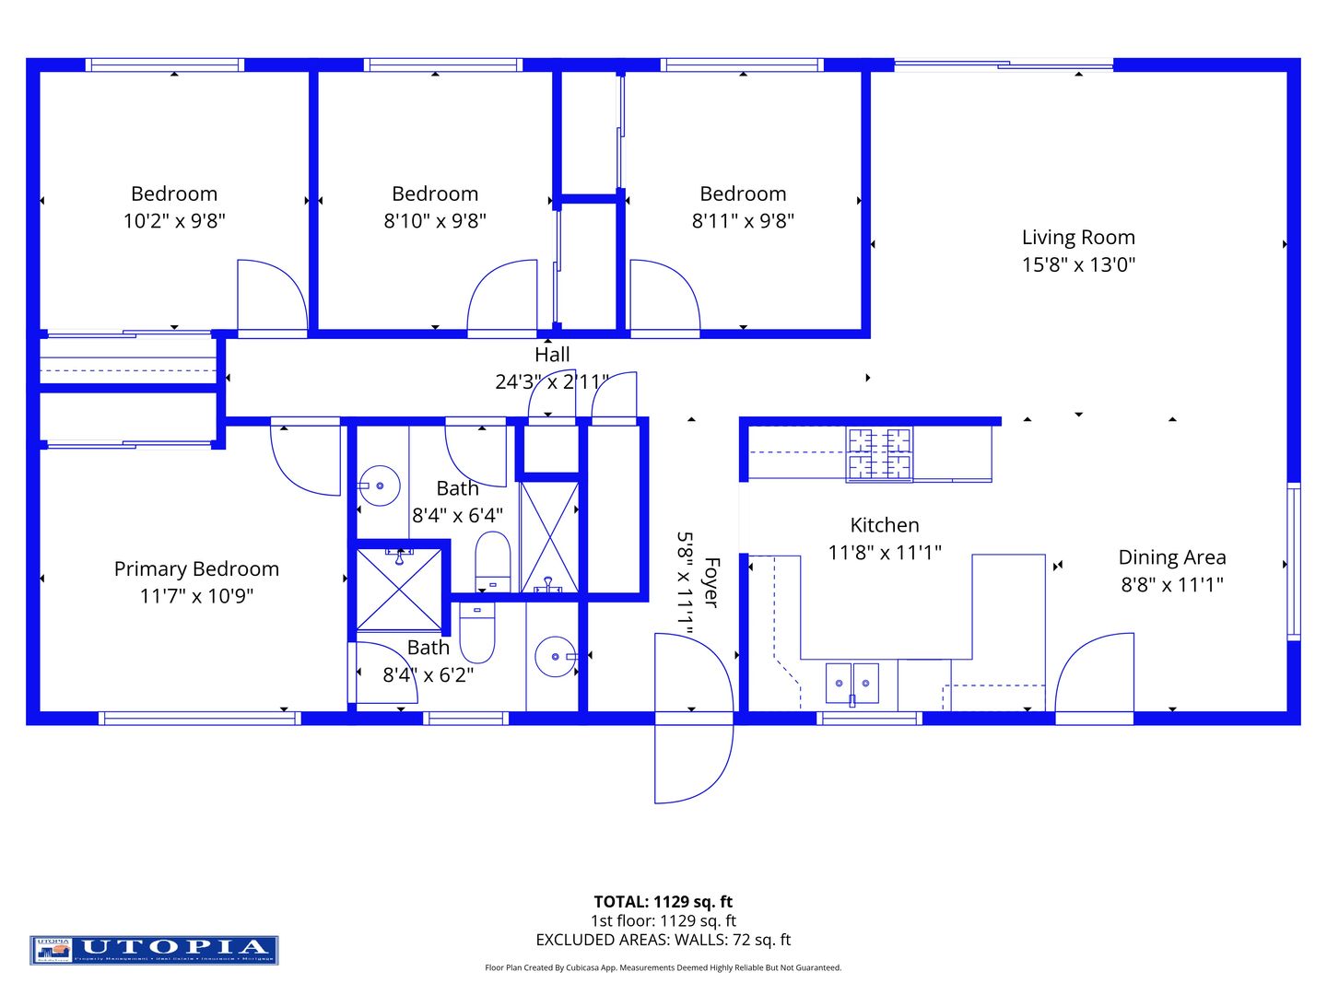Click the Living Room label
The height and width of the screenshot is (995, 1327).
click(x=1078, y=238)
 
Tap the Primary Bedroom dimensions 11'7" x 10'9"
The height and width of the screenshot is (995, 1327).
click(x=196, y=596)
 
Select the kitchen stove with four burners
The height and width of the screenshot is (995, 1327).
click(x=879, y=454)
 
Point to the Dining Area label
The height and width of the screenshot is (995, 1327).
click(x=1171, y=557)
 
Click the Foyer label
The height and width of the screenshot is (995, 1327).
click(x=710, y=581)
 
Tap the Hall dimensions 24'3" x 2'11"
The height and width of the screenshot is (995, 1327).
click(x=551, y=381)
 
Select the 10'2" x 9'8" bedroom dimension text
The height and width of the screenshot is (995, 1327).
click(x=174, y=221)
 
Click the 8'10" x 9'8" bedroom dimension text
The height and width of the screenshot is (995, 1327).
click(x=435, y=221)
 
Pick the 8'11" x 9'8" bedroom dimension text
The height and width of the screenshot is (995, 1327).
click(x=743, y=221)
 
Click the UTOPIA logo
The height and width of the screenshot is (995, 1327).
click(x=154, y=950)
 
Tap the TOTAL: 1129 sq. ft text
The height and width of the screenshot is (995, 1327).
click(x=663, y=902)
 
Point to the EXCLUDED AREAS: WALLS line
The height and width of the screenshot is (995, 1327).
click(x=663, y=940)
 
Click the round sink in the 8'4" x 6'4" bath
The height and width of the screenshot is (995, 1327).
click(x=379, y=485)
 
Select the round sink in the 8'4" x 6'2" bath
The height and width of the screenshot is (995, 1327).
click(x=556, y=656)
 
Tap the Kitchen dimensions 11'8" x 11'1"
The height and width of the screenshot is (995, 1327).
click(x=884, y=553)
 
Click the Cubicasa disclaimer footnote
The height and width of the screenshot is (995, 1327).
click(x=663, y=967)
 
